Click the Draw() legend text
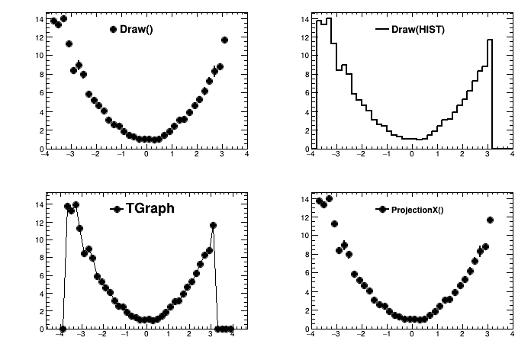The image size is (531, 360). pos(137,30)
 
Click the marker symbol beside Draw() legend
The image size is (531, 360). pos(113,30)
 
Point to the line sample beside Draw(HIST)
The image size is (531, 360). pos(382,30)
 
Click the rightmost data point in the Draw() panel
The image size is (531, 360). pos(224,40)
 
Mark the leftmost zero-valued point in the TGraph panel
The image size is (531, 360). pos(63,329)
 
